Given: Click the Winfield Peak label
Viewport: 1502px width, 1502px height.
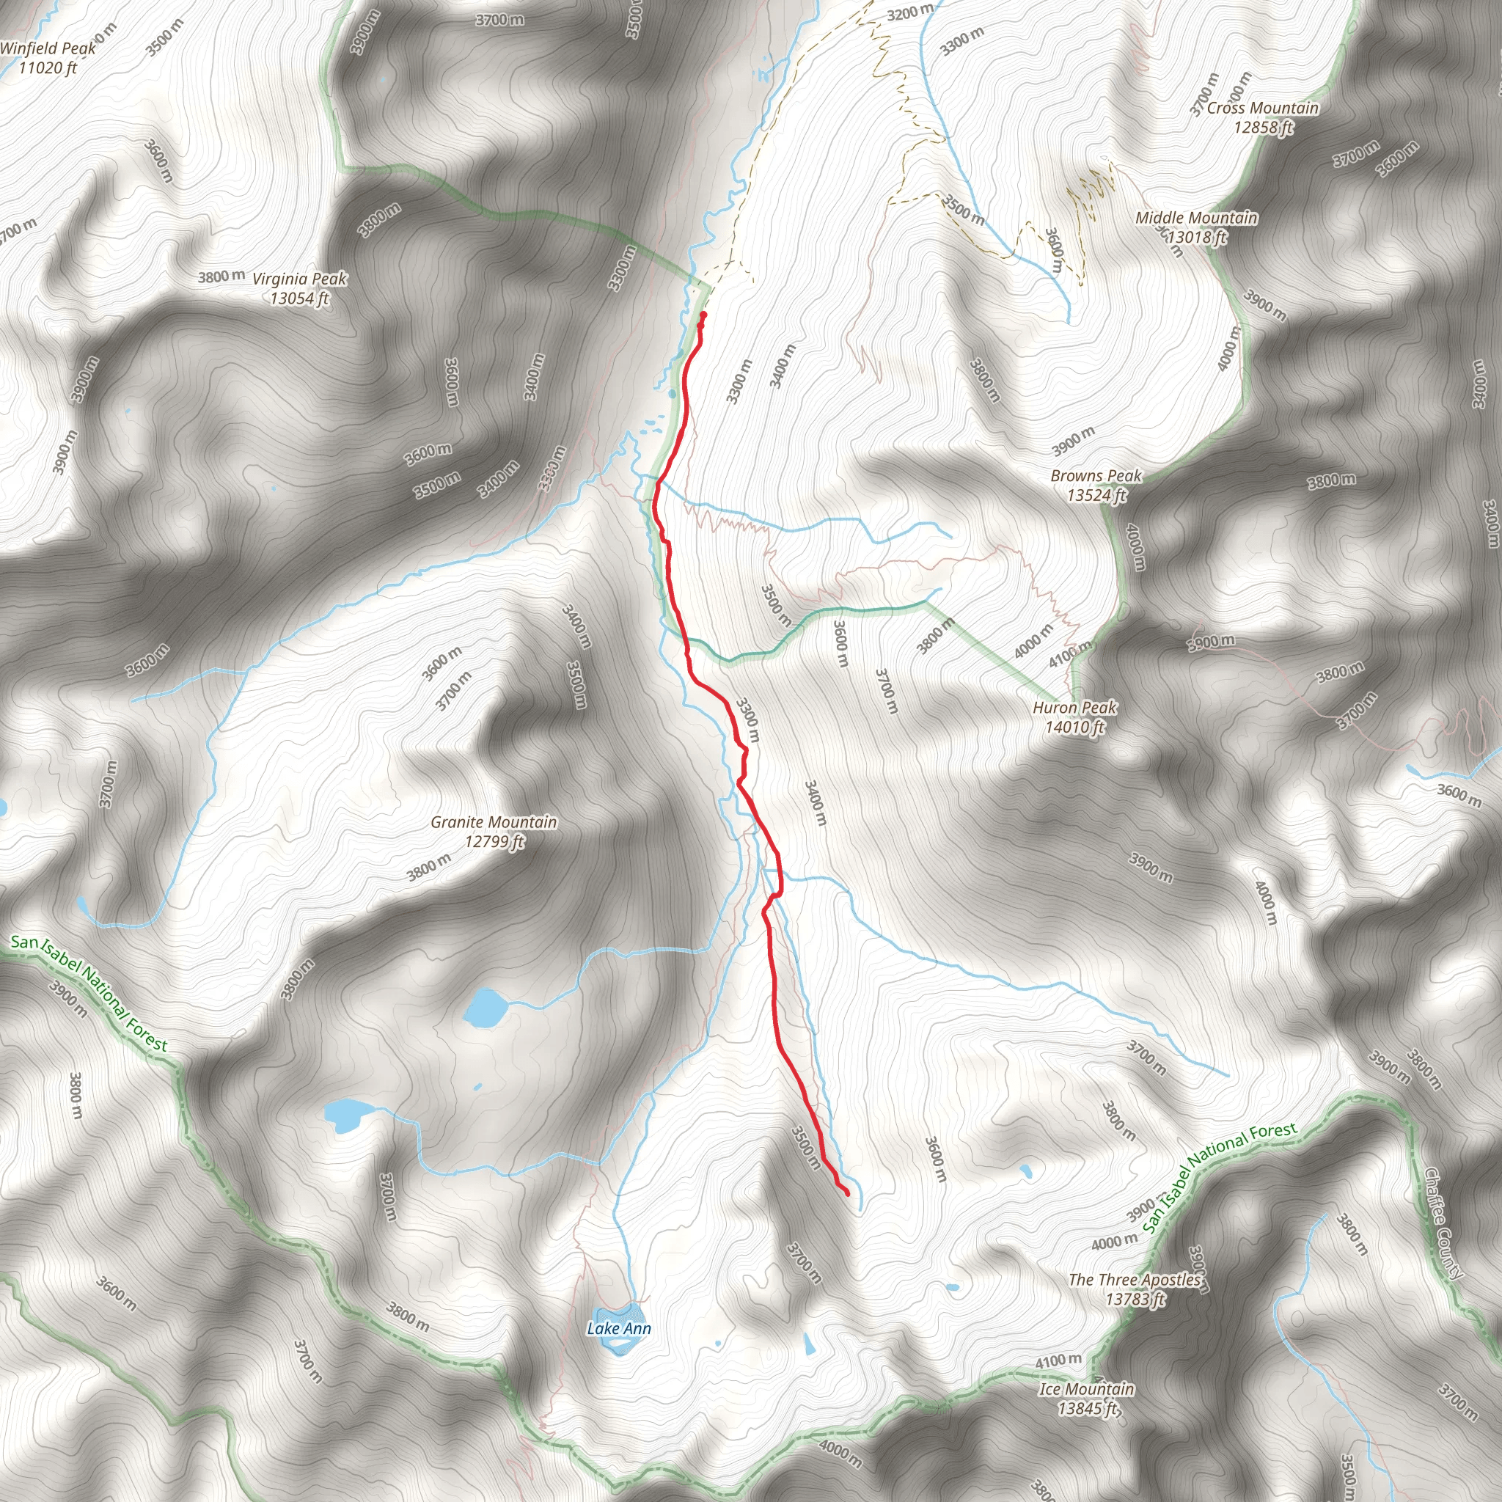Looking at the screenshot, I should (48, 48).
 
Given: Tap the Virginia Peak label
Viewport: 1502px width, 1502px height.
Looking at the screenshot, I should (299, 278).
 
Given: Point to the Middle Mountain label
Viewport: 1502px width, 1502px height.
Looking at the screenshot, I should (1195, 218).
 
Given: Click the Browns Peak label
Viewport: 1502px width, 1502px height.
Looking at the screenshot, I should (1096, 475).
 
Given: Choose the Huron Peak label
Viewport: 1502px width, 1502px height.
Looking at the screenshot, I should (1074, 708).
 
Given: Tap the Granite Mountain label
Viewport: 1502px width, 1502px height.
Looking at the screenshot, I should (494, 821).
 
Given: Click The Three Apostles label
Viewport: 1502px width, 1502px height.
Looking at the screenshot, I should (1135, 1279).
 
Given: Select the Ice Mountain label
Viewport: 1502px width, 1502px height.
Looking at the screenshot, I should (1086, 1388).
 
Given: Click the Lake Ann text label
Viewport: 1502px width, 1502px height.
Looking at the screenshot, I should (619, 1328).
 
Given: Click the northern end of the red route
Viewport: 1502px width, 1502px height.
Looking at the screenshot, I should (703, 314).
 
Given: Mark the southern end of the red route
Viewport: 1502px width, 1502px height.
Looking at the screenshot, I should (846, 1193).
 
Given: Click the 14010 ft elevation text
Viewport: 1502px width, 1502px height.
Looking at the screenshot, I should (1074, 727).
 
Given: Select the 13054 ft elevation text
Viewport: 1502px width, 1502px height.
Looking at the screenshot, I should (299, 298).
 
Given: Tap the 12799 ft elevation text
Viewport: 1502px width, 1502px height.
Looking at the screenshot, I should (494, 841).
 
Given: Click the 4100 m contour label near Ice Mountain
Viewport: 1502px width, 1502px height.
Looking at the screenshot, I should (1058, 1360).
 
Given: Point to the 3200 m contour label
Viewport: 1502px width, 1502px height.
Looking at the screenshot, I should (910, 12).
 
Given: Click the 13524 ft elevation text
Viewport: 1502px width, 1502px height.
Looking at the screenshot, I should (1096, 495).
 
